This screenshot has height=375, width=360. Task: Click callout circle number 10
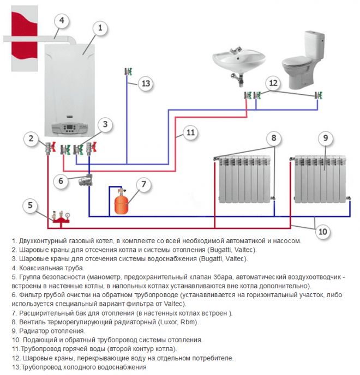pos(323,232)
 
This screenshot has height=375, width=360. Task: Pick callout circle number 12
pos(273,83)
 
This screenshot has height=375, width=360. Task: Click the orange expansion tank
pos(121,204)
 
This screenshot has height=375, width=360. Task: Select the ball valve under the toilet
pos(318,95)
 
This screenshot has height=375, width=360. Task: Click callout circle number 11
pos(189,132)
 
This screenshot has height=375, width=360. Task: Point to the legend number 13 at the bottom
pos(15,368)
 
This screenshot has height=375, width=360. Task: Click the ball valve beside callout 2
pos(50,147)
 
